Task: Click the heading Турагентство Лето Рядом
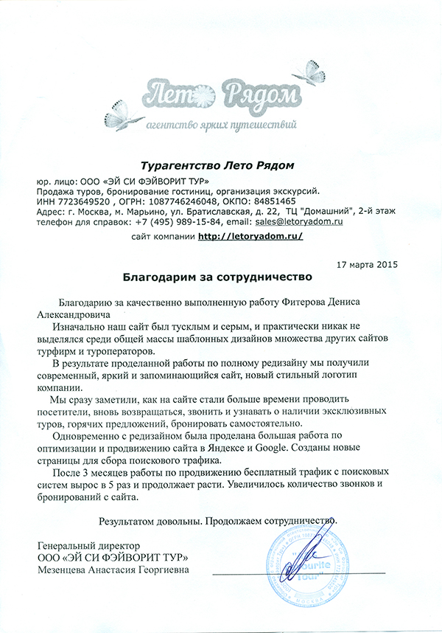click(x=221, y=164)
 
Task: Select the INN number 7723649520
click(x=83, y=201)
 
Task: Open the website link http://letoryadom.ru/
click(x=250, y=237)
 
